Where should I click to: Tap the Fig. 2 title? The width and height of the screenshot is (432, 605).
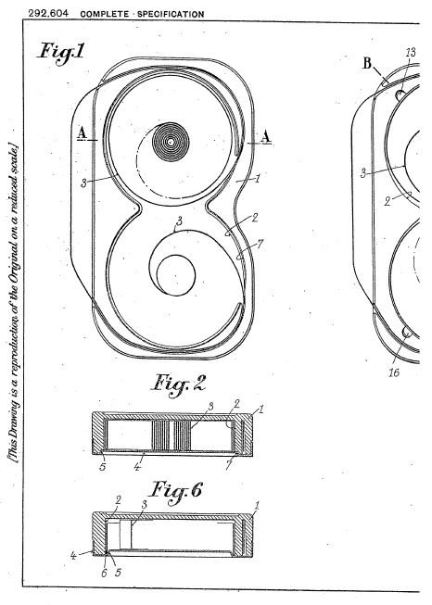tap(178, 384)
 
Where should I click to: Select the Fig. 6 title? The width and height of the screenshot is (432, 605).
tap(175, 491)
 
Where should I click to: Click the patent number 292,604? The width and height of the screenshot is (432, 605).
tap(48, 14)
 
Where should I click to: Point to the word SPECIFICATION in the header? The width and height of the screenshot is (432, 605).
tap(171, 14)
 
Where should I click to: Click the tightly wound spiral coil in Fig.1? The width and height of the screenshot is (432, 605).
tap(171, 142)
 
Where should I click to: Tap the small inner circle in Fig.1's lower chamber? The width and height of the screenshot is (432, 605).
tap(175, 275)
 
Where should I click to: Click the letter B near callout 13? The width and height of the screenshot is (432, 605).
tap(367, 63)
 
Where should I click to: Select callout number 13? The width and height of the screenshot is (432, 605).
tap(411, 52)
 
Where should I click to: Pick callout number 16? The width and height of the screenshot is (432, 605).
tap(394, 372)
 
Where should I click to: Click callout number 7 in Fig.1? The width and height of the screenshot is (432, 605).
tap(260, 244)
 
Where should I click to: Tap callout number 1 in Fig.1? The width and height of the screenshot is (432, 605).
tap(258, 178)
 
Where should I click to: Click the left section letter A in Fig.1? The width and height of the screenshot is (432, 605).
tap(81, 133)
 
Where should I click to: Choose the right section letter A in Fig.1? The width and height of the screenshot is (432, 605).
tap(266, 137)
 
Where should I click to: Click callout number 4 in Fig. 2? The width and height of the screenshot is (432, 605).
tap(137, 466)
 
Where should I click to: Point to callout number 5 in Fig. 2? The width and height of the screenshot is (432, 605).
tap(103, 466)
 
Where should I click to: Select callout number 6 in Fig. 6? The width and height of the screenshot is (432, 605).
tap(104, 573)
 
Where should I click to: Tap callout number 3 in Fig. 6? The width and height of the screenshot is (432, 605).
tap(145, 505)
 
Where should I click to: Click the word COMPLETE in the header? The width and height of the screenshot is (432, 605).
tap(105, 14)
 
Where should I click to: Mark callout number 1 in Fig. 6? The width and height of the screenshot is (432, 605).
tap(258, 505)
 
